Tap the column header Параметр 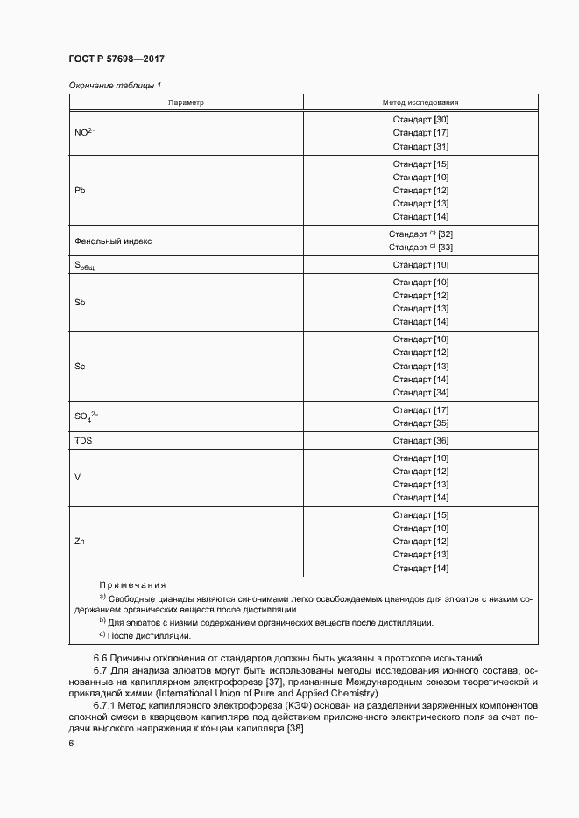tap(186, 102)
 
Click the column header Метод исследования tap(420, 102)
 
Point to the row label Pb tap(80, 190)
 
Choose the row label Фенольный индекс tap(113, 241)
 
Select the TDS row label tap(83, 440)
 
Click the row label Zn tap(80, 542)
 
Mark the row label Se tap(80, 366)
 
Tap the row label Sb tap(80, 302)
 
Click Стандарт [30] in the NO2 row tap(420, 120)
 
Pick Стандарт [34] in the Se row tap(420, 392)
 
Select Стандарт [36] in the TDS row tap(420, 440)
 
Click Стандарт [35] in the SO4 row tap(420, 423)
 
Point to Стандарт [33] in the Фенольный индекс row tap(420, 248)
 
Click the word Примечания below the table tap(132, 584)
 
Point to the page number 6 tap(71, 743)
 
